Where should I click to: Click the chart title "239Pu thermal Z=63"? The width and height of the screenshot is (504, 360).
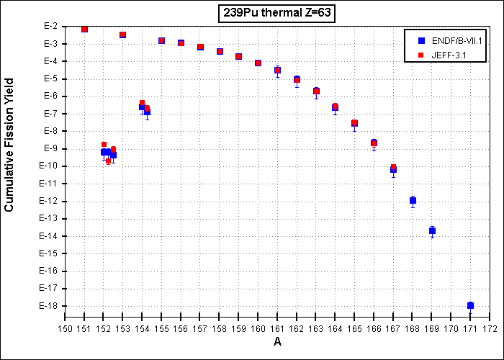point(276,14)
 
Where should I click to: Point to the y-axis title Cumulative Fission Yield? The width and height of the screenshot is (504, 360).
point(9,145)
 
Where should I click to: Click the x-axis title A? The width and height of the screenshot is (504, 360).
point(277,342)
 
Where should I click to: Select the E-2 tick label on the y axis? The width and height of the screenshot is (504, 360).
point(52,27)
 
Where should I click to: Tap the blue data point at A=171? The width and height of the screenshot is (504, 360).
point(470,305)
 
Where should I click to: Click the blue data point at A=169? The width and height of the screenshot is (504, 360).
point(432,231)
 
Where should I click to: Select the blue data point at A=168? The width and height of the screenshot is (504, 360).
point(413,201)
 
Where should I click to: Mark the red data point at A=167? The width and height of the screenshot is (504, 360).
point(393,167)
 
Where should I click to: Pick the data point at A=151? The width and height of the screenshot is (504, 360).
point(84,30)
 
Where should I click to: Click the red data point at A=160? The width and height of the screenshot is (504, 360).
point(258,63)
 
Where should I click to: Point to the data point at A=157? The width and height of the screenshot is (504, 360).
point(200,47)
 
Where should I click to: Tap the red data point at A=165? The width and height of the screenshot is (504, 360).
point(354,122)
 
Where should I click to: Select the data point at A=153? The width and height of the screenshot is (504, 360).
point(122,35)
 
